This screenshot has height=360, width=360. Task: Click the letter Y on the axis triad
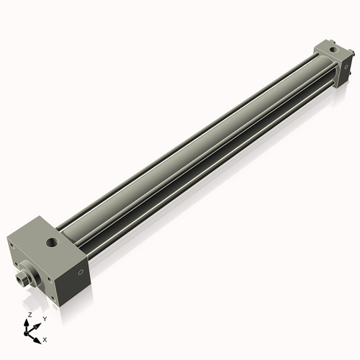coord(45,318)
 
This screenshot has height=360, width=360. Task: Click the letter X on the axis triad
coord(45,338)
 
